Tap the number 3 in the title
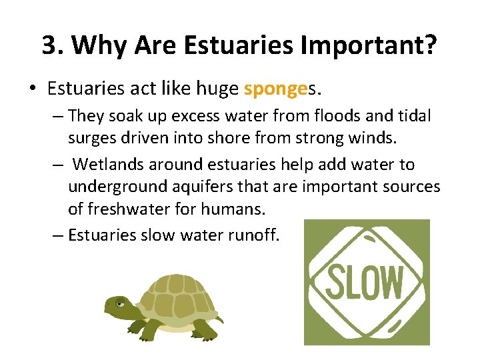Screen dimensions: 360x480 pyautogui.click(x=48, y=45)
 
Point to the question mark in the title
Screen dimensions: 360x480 pyautogui.click(x=431, y=45)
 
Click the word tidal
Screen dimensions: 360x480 pyautogui.click(x=415, y=116)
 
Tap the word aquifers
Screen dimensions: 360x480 pyautogui.click(x=194, y=187)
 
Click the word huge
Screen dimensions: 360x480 pyautogui.click(x=213, y=89)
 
